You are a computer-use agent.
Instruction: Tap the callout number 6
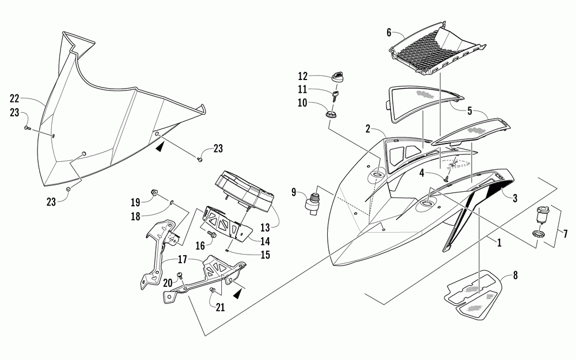389,33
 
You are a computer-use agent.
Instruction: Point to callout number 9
294,191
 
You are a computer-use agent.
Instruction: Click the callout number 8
515,275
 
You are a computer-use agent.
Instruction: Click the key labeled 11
334,93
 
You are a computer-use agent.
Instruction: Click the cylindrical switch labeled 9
313,202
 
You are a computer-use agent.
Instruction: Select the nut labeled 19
155,192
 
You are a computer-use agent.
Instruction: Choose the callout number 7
564,233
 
